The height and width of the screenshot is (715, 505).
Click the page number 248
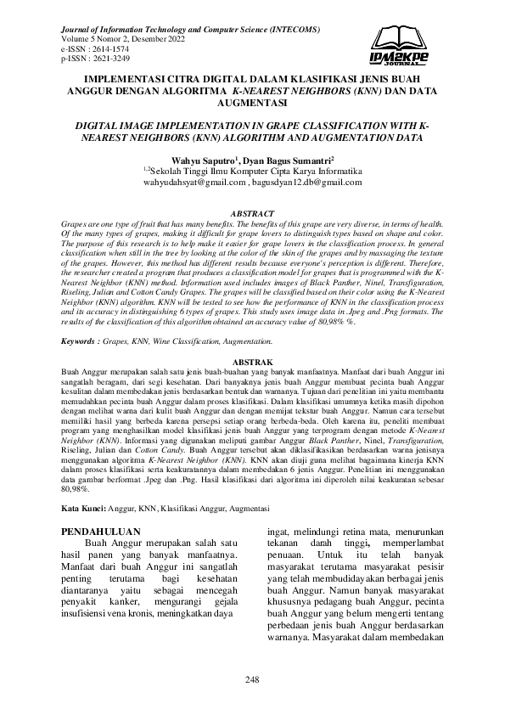(x=252, y=678)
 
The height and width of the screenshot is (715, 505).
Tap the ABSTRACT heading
(x=252, y=212)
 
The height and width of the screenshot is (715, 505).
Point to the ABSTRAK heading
(x=252, y=361)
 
